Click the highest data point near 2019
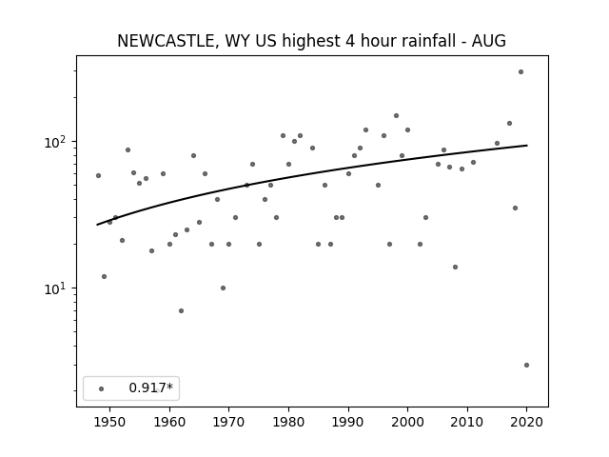coord(521,72)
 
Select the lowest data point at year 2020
coord(526,365)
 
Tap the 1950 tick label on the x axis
coord(110,422)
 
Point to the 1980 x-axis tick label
coord(288,422)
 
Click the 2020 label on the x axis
coord(526,422)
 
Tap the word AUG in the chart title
coord(488,41)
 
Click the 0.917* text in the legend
coord(150,387)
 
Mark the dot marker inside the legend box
coord(102,388)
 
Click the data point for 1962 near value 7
coord(181,310)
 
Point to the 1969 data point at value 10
coord(223,288)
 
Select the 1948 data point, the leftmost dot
coord(98,175)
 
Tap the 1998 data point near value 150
coord(396,115)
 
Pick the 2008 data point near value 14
coord(455,267)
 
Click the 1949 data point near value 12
coord(104,276)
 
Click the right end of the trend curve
coord(527,146)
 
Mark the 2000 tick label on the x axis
coord(407,422)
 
